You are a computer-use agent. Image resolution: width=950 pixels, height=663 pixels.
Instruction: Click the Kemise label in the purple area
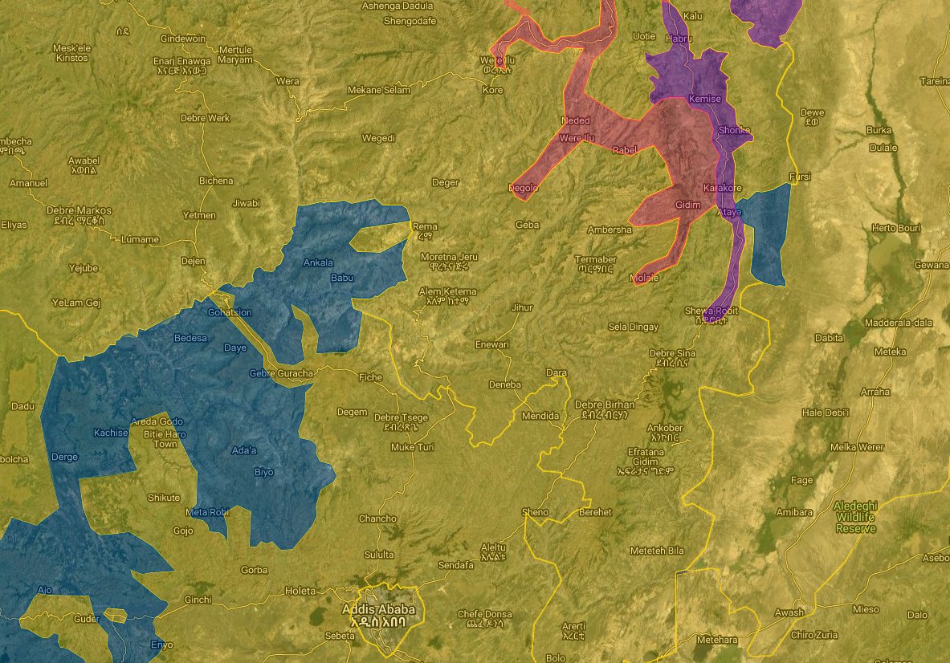click(704, 99)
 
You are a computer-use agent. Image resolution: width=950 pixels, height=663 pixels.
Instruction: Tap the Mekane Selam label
click(378, 91)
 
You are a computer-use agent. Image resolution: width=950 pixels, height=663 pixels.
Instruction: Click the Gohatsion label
click(230, 312)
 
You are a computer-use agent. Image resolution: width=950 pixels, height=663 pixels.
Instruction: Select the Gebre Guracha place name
click(279, 373)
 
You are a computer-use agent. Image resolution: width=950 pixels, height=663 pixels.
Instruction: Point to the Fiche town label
click(370, 377)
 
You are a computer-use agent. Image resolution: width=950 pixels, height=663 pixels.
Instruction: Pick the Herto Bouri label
click(895, 229)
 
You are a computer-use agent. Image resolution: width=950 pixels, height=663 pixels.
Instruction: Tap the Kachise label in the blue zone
click(111, 433)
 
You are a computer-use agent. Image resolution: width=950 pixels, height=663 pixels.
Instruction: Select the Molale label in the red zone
click(645, 278)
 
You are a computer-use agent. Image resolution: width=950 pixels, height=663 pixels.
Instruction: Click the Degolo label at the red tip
click(523, 188)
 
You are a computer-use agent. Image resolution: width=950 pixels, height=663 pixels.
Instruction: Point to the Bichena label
click(216, 181)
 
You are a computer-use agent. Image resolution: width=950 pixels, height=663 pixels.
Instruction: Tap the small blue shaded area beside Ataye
click(766, 237)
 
